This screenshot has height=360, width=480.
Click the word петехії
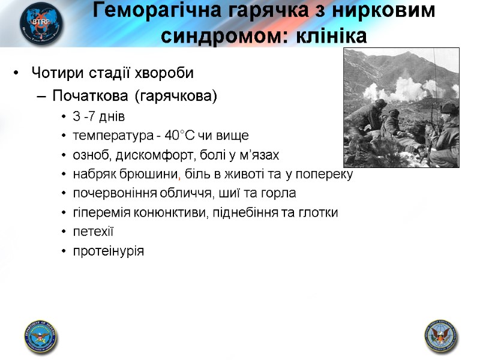click(93, 232)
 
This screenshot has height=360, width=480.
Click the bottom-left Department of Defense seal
click(40, 335)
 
